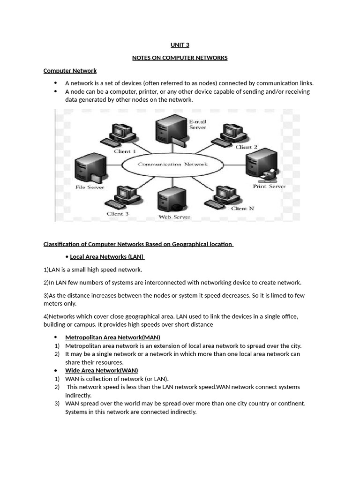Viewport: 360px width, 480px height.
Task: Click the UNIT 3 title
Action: pos(180,45)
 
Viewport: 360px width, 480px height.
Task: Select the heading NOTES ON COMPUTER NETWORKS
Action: pos(180,58)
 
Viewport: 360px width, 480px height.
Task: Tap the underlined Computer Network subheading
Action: pos(70,71)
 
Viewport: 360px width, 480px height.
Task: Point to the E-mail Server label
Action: pos(197,124)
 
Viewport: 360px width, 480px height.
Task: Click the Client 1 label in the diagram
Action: pos(125,151)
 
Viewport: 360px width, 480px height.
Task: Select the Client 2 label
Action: pos(246,147)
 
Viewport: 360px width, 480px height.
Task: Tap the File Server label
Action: pos(90,187)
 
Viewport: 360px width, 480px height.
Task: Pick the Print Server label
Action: pos(269,186)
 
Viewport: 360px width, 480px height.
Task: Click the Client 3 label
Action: pos(117,214)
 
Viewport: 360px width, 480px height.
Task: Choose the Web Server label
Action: pos(174,217)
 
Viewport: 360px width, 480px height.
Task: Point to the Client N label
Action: pos(242,209)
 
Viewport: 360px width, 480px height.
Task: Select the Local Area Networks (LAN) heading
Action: pos(107,257)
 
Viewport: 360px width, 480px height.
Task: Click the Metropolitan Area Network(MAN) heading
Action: pos(112,337)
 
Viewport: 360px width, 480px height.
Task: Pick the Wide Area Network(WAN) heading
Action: pos(101,370)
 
